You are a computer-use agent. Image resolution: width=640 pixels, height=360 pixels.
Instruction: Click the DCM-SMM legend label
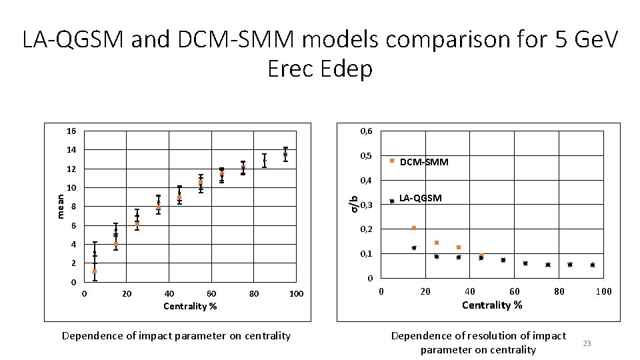coord(424,162)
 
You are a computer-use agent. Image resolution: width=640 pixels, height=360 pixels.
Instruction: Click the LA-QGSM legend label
coord(420,198)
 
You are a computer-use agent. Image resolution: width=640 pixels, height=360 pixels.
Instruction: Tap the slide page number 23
coord(587,343)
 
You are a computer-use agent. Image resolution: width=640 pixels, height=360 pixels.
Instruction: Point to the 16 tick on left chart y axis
coord(71,131)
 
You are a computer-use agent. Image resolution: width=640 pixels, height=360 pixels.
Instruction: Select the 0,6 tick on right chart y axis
coord(367,131)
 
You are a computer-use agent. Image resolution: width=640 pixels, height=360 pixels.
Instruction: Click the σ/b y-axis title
coord(355,203)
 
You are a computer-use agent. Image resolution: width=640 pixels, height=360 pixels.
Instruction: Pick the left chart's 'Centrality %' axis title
coord(190,306)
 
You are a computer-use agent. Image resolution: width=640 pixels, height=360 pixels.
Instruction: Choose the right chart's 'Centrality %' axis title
coord(492,305)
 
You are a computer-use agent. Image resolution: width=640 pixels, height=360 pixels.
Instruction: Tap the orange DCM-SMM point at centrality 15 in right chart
coord(414,228)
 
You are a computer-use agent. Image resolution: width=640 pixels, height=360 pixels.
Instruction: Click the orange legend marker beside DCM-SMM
coord(392,161)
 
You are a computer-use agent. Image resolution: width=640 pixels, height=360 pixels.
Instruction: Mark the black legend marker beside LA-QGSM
coord(392,201)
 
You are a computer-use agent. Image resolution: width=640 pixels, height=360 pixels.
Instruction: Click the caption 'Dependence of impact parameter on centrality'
coord(176,335)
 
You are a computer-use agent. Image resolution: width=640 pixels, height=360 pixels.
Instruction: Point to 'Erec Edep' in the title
coord(320,69)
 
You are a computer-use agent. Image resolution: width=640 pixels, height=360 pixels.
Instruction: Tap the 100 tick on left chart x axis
coord(297,294)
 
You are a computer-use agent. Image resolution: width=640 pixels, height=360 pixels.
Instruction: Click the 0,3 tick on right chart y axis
coord(367,205)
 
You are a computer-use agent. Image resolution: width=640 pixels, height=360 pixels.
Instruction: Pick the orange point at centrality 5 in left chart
coord(95,271)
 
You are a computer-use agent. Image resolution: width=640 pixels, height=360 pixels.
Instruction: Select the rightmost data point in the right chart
coord(592,265)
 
